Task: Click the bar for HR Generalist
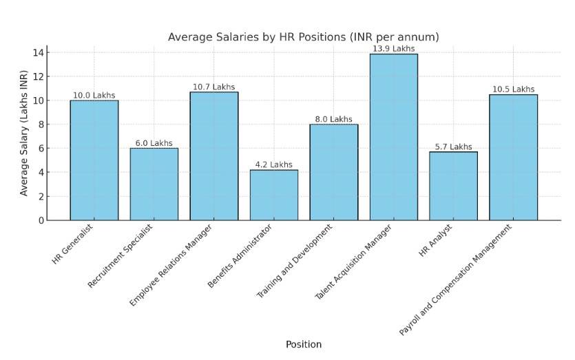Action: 94,160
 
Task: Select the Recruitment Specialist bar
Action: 154,184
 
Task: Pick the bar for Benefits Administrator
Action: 273,195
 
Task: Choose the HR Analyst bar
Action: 453,186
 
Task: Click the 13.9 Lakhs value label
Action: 393,49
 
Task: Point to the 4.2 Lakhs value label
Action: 273,165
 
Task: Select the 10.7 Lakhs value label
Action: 213,87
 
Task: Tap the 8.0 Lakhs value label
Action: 333,119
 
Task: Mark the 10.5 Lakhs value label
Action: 513,89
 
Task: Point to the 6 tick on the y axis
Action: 41,148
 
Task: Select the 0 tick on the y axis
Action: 41,220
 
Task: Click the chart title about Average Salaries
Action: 303,36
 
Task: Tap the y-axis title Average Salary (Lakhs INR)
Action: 24,133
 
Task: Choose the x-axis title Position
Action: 303,344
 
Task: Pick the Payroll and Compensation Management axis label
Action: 457,279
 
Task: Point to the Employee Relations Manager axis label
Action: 171,265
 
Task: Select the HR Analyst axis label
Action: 436,240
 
